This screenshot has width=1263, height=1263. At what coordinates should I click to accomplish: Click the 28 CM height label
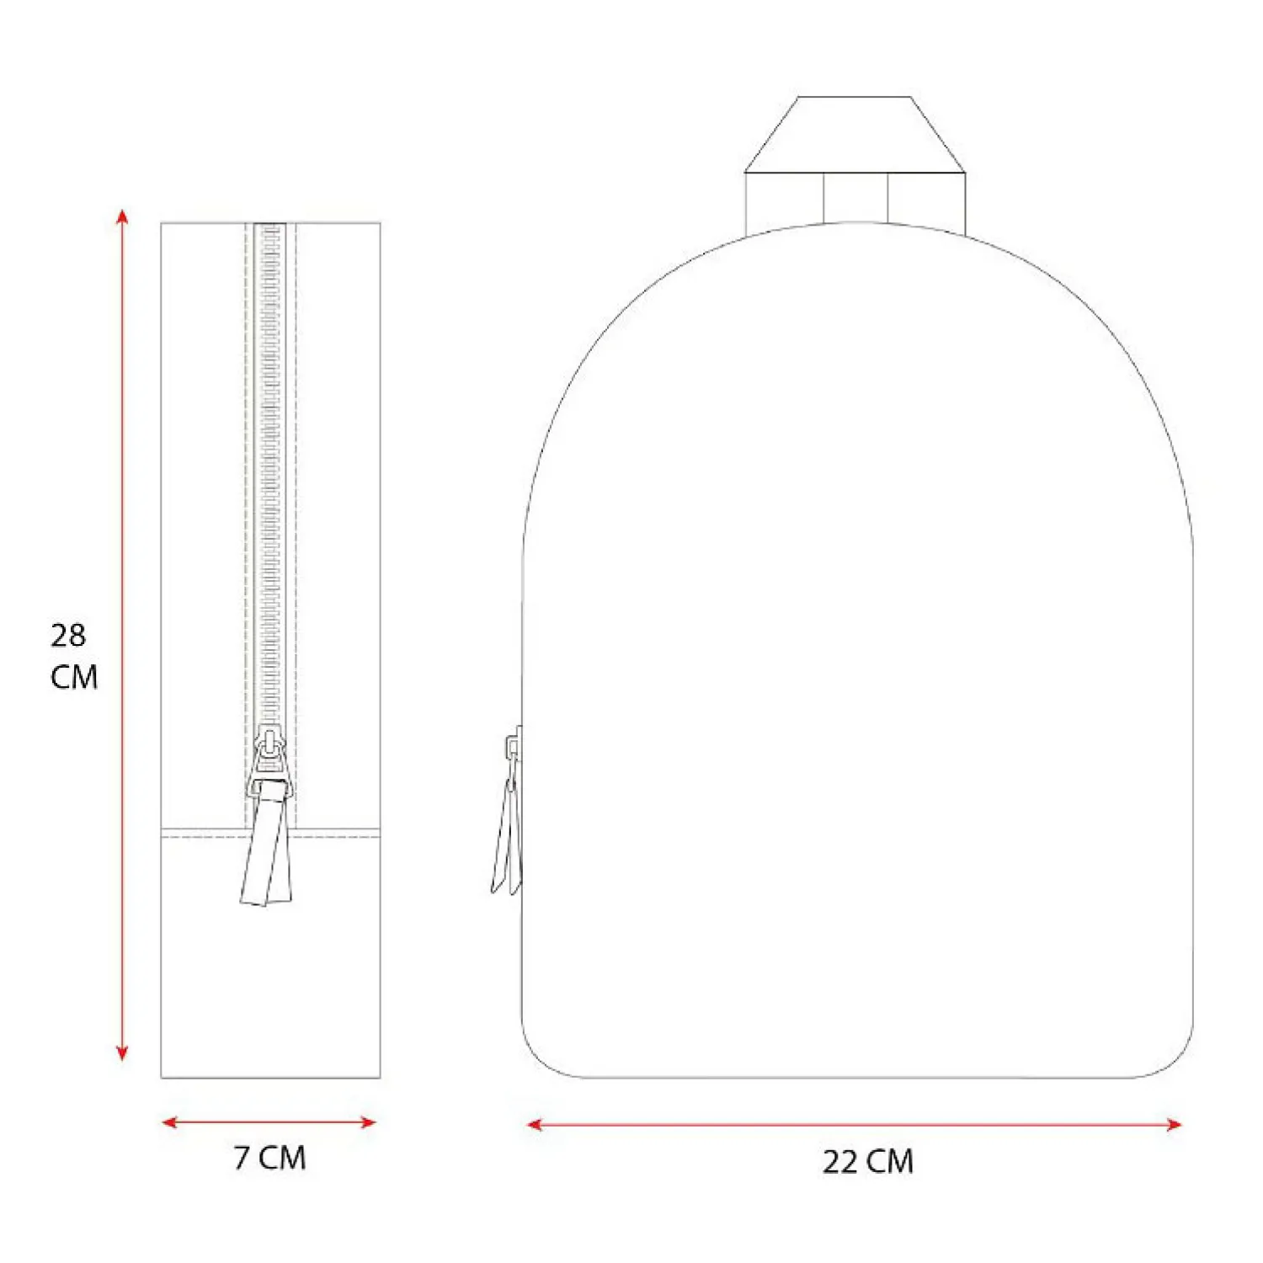(74, 656)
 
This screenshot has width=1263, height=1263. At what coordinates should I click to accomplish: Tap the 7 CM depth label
(270, 1158)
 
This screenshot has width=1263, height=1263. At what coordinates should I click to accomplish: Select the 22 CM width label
(868, 1161)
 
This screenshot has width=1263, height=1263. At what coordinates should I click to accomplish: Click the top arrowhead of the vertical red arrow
(123, 216)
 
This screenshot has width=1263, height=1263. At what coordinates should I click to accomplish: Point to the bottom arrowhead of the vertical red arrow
(123, 1052)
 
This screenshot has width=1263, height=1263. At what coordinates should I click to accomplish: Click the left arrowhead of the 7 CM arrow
(170, 1122)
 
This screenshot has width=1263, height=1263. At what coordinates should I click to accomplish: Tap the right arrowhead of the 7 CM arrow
(368, 1122)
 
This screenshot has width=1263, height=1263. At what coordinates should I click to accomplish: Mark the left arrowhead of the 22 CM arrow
(536, 1124)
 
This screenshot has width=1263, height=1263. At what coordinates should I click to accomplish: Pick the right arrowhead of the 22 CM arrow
(1174, 1124)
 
